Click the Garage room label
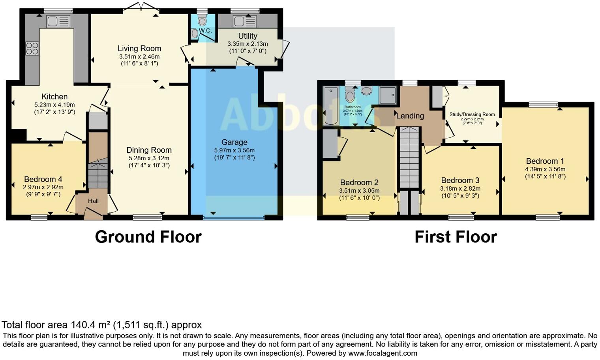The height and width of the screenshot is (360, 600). [x=234, y=142]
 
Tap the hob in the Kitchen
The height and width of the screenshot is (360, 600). [x=32, y=49]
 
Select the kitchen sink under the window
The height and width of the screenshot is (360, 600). [x=58, y=21]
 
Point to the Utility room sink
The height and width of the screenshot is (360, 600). [x=244, y=21]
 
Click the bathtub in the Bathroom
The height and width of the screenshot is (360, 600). [x=330, y=106]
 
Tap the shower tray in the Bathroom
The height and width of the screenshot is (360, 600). [x=388, y=95]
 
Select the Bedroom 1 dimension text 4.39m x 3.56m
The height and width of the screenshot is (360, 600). [x=545, y=169]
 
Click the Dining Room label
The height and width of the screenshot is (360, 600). [x=149, y=150]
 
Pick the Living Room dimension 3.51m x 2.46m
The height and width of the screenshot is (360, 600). [x=139, y=56]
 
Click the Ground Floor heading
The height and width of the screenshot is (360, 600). [x=148, y=237]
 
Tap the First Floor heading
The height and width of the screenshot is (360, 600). [x=456, y=237]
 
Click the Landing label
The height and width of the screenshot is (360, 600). [x=410, y=116]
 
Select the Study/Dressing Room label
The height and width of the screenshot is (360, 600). [x=472, y=114]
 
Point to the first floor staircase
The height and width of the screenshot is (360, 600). [x=409, y=158]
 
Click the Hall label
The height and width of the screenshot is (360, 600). [x=93, y=201]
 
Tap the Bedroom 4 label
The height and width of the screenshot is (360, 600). [x=43, y=179]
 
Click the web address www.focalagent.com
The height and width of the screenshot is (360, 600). [x=382, y=353]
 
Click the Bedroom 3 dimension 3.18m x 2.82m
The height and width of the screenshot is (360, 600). [x=460, y=188]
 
